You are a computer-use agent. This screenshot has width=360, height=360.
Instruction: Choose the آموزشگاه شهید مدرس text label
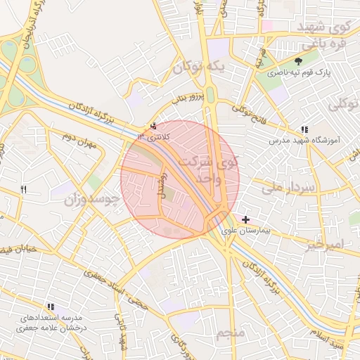pos(304,141)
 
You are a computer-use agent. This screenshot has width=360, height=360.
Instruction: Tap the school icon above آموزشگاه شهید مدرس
pos(304,129)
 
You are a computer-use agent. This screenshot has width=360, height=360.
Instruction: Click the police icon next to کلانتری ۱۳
pos(153,126)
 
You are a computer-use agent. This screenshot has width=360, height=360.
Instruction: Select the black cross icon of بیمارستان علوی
pos(245,220)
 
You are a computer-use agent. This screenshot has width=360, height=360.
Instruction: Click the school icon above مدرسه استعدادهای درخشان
pos(50,307)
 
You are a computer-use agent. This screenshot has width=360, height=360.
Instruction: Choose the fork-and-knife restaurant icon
pos(23,189)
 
